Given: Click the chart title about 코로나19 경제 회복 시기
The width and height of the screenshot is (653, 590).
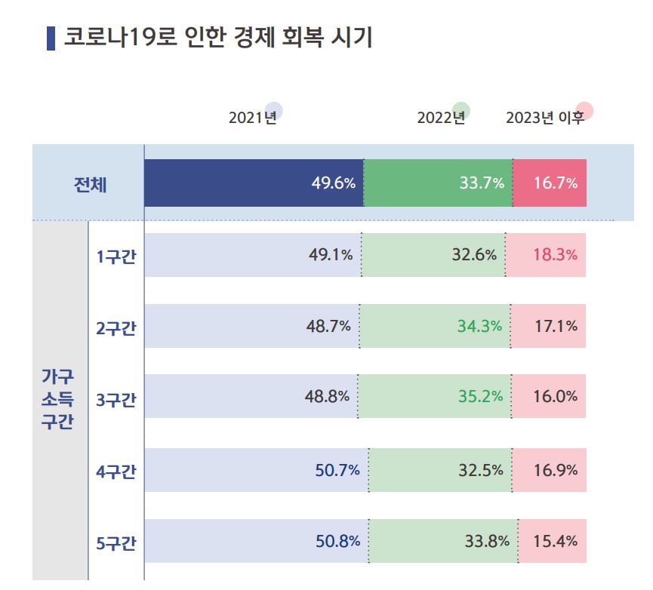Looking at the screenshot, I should [x=217, y=38].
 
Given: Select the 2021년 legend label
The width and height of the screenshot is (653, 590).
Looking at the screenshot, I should [x=252, y=118].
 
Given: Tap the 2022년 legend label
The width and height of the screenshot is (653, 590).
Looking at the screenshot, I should [x=441, y=118].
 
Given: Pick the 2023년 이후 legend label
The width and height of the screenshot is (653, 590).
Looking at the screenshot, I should [x=544, y=118].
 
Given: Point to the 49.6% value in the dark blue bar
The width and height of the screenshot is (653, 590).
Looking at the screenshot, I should [x=333, y=183].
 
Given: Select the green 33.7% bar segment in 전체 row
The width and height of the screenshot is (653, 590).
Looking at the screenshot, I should [x=438, y=183].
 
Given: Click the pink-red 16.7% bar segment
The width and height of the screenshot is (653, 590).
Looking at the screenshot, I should [x=550, y=183].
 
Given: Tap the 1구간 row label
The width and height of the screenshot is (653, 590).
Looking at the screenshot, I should [x=116, y=256].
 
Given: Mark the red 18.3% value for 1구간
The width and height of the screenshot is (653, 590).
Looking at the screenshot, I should [x=555, y=255].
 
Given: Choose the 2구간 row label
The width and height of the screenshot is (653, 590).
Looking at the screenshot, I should [x=116, y=327].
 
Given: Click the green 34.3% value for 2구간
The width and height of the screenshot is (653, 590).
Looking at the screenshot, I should [x=479, y=327].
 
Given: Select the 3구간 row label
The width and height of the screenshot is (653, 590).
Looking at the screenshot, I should [x=116, y=399].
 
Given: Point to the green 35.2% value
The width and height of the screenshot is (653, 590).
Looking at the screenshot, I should [x=480, y=396].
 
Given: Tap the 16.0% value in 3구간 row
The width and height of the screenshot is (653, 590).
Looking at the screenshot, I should [x=555, y=396].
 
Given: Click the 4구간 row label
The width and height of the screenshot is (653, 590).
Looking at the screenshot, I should [x=116, y=472].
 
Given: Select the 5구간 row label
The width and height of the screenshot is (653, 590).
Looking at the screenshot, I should [x=116, y=542].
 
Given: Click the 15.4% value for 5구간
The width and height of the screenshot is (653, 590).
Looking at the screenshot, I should [x=555, y=541].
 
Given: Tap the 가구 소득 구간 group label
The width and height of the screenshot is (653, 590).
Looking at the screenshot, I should [x=57, y=399].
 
